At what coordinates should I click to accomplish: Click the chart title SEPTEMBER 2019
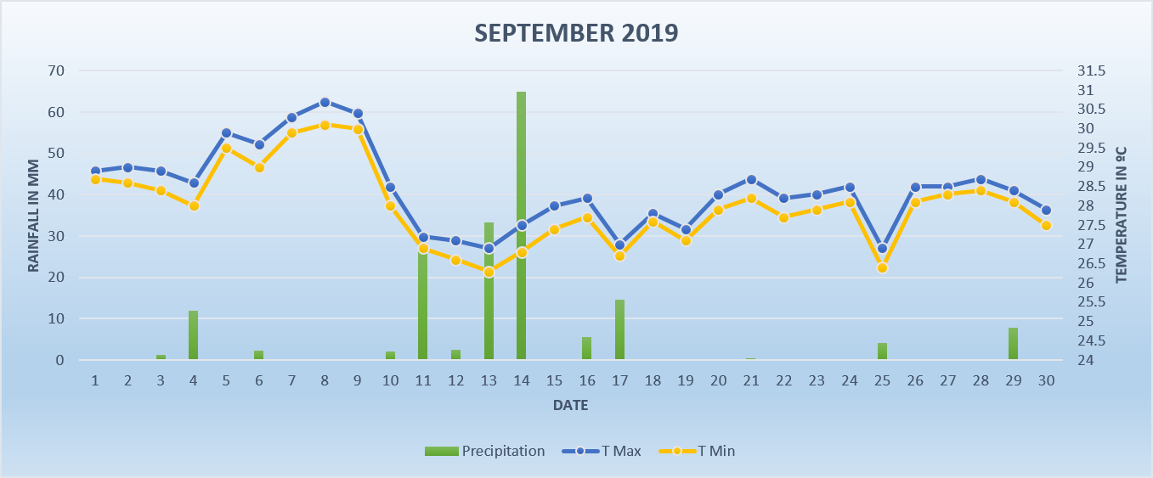pos(576,33)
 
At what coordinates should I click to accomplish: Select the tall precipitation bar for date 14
pos(521,225)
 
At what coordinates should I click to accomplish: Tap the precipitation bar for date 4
pos(194,335)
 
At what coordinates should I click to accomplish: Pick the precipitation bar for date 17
pos(619,329)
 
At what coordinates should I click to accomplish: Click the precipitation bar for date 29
pos(1013,344)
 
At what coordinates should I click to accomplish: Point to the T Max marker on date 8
pos(325,102)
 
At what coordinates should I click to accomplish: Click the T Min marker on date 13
pos(489,272)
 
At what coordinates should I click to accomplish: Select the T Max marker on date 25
pos(882,249)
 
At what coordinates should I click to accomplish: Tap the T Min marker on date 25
pos(882,267)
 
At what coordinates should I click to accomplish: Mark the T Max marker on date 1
pos(95,172)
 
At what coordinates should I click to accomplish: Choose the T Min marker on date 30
pos(1046,225)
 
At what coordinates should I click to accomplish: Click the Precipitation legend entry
pos(485,451)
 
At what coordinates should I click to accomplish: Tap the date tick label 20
pos(718,381)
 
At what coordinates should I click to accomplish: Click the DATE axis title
pos(570,406)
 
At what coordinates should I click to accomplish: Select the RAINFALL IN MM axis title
pos(34,215)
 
